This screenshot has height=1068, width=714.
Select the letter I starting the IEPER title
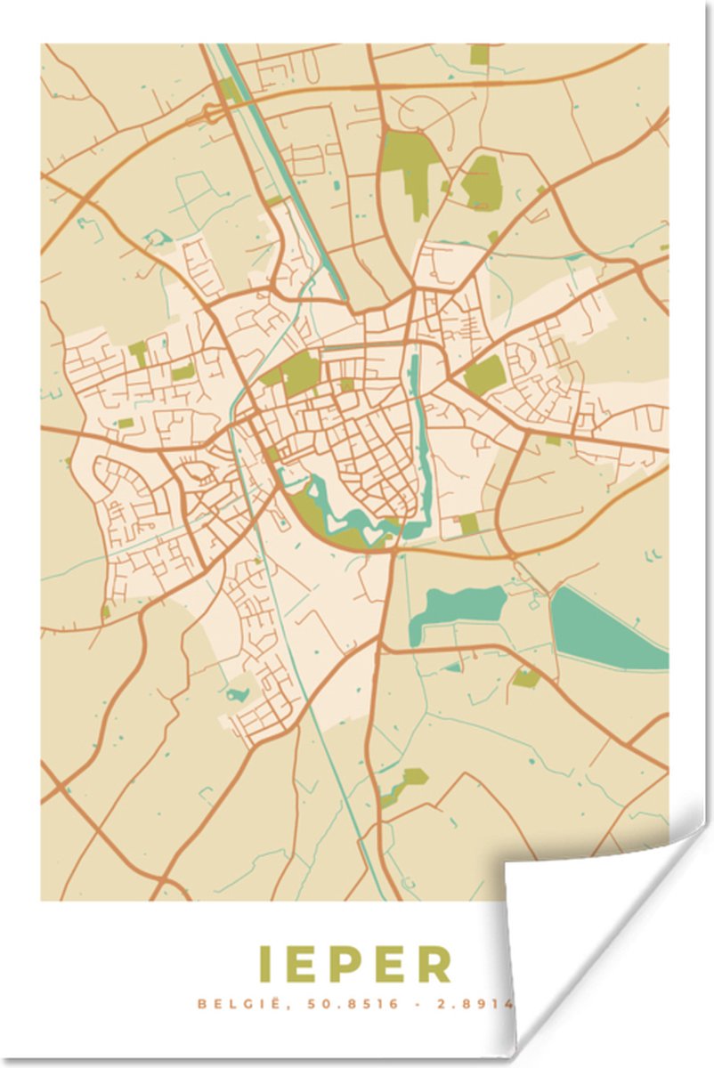pyautogui.click(x=264, y=965)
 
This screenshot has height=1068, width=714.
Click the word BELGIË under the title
pyautogui.click(x=234, y=1004)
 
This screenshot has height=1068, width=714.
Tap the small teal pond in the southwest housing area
pyautogui.click(x=238, y=692)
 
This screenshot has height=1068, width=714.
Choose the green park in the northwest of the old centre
pyautogui.click(x=298, y=372)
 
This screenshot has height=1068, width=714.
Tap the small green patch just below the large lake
pyautogui.click(x=524, y=678)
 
